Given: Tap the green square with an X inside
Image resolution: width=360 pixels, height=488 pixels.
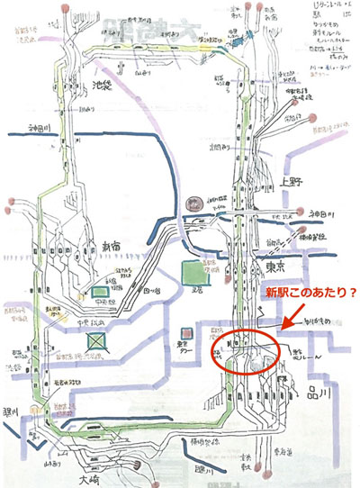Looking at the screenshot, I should [97, 340].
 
